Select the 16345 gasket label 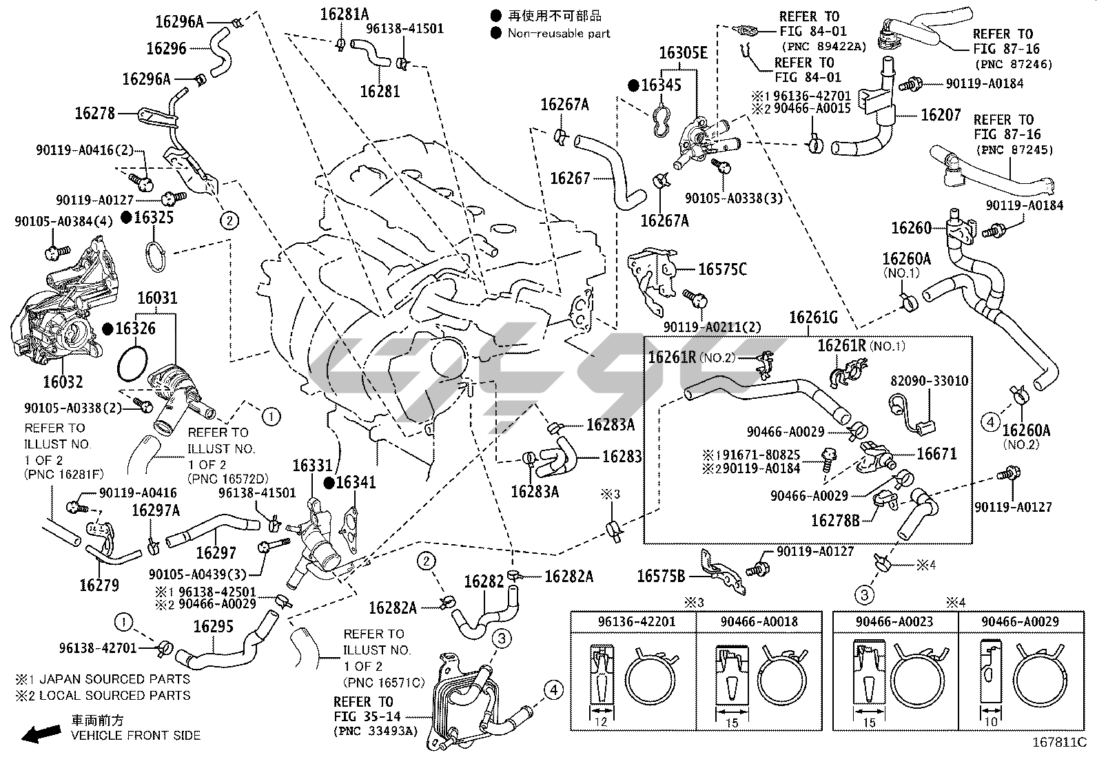(661, 85)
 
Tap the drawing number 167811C (1058, 743)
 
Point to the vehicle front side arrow (39, 735)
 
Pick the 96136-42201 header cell (633, 622)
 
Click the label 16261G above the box (813, 318)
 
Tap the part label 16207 (941, 114)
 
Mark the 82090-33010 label (928, 381)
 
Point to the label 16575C (722, 269)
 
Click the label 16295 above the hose (213, 626)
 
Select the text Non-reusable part (558, 32)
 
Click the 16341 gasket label (356, 482)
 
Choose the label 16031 (157, 298)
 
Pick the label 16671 (936, 454)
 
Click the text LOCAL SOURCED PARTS (114, 696)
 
